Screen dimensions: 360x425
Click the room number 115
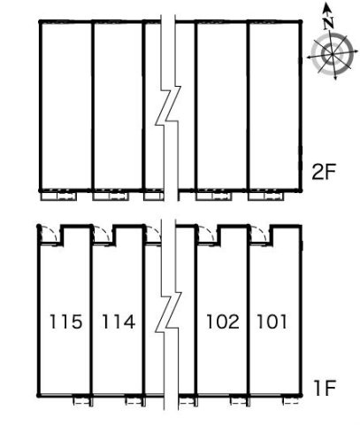pyautogui.click(x=65, y=321)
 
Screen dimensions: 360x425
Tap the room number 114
pyautogui.click(x=119, y=321)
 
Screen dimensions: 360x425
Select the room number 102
pyautogui.click(x=223, y=321)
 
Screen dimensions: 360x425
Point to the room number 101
pyautogui.click(x=272, y=321)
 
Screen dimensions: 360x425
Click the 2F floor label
pyautogui.click(x=324, y=172)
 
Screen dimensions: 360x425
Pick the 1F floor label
pyautogui.click(x=325, y=389)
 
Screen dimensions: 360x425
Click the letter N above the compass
pyautogui.click(x=328, y=23)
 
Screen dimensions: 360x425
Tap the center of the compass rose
pyautogui.click(x=333, y=54)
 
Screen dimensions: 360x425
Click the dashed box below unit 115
pyautogui.click(x=81, y=401)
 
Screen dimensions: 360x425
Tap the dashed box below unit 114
pyautogui.click(x=134, y=401)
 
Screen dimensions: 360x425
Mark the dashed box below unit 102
pyautogui.click(x=239, y=401)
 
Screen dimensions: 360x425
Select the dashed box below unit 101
pyautogui.click(x=291, y=401)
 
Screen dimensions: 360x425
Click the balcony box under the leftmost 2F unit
pyautogui.click(x=58, y=197)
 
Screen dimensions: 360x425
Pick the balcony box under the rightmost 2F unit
pyautogui.click(x=266, y=197)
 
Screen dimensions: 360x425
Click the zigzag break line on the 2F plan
pyautogui.click(x=168, y=106)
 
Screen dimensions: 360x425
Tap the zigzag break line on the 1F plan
pyautogui.click(x=168, y=313)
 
